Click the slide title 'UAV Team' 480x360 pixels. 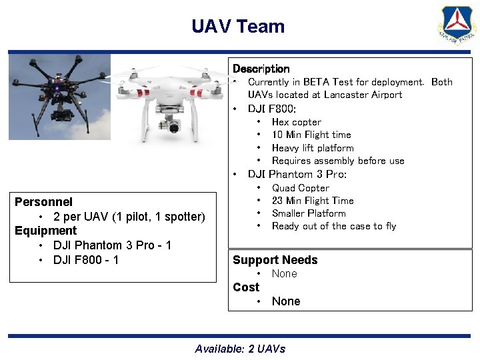pos(238,27)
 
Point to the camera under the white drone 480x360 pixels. pos(175,126)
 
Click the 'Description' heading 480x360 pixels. pos(261,69)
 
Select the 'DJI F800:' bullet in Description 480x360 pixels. pos(272,109)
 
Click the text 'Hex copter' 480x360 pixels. pos(296,122)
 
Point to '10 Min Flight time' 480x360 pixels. pos(311,135)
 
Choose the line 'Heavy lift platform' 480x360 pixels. pos(313,148)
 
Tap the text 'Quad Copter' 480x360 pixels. pos(300,188)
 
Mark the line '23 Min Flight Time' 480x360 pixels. pos(313,201)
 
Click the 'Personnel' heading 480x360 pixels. pos(43,201)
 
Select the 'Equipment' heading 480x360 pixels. pos(45,231)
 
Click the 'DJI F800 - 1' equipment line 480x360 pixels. pos(86,259)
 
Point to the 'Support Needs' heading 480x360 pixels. pos(275,260)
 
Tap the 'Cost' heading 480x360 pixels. pos(245,287)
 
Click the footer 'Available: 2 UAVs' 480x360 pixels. pos(240,349)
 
